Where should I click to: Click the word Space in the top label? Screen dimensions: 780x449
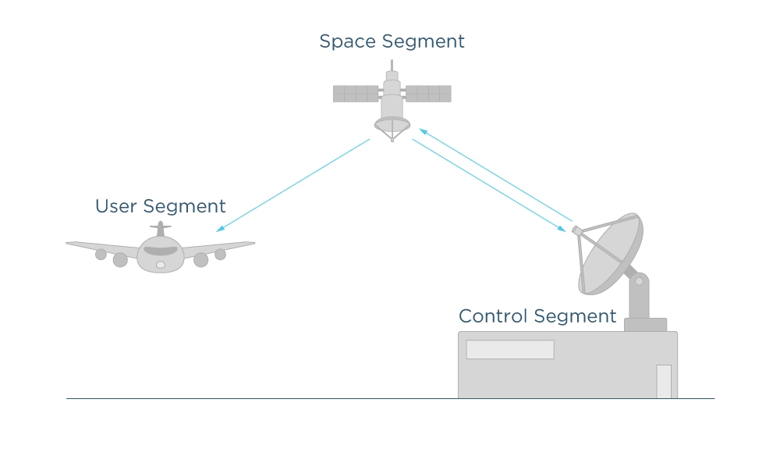pyautogui.click(x=348, y=42)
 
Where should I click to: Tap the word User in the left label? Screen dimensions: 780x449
pyautogui.click(x=116, y=206)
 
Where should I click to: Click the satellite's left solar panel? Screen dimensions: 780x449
pyautogui.click(x=356, y=94)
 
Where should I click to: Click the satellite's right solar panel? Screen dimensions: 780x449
pyautogui.click(x=428, y=94)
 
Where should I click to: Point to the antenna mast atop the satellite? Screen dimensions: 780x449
pyautogui.click(x=392, y=66)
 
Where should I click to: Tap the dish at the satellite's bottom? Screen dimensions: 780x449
pyautogui.click(x=392, y=124)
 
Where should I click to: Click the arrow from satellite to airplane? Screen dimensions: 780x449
pyautogui.click(x=293, y=185)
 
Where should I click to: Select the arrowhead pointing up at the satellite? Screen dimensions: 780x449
pyautogui.click(x=424, y=131)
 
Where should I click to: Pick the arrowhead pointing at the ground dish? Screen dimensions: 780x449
pyautogui.click(x=561, y=229)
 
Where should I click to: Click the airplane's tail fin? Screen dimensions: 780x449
pyautogui.click(x=160, y=229)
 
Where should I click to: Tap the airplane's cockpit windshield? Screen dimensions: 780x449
pyautogui.click(x=161, y=251)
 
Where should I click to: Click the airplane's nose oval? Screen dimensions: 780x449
pyautogui.click(x=161, y=265)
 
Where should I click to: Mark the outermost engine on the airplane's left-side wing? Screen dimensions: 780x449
pyautogui.click(x=101, y=255)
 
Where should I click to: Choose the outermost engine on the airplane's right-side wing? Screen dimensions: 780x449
pyautogui.click(x=221, y=255)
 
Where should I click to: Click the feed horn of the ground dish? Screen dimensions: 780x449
pyautogui.click(x=577, y=231)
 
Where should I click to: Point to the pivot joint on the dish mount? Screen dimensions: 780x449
pyautogui.click(x=640, y=281)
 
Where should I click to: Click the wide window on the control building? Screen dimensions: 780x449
pyautogui.click(x=510, y=350)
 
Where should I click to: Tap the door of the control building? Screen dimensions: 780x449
pyautogui.click(x=664, y=381)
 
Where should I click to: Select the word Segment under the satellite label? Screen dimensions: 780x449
pyautogui.click(x=424, y=42)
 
